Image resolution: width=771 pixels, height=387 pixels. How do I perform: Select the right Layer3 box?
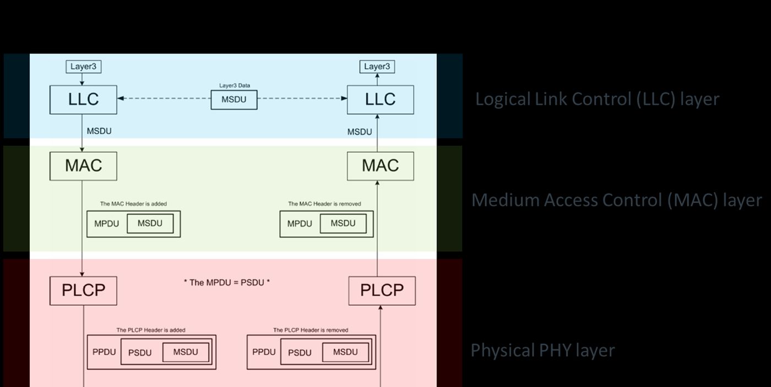point(377,67)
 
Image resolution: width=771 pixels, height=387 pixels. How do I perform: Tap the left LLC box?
point(83,99)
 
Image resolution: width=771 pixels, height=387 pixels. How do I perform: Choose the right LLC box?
point(380,99)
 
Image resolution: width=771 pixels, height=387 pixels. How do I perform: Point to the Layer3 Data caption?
point(234,86)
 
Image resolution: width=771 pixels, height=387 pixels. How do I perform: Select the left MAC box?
point(83,165)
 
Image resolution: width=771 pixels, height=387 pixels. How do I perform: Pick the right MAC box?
point(380,165)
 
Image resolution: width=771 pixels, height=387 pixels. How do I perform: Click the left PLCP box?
point(83,290)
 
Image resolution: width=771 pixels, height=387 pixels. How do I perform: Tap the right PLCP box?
point(382,290)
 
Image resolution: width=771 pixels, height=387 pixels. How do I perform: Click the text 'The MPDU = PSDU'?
point(226,282)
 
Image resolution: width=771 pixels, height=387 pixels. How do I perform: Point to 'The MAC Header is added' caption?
point(133,204)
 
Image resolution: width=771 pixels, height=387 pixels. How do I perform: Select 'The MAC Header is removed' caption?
point(324,204)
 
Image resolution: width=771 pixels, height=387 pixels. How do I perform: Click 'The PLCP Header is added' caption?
point(150,330)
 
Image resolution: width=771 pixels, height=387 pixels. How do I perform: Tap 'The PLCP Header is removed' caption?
point(311,330)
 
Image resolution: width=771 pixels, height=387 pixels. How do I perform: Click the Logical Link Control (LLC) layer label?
point(597,99)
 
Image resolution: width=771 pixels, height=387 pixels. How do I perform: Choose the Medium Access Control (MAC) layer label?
point(616,200)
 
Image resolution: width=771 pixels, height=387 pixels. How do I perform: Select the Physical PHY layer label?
point(542,350)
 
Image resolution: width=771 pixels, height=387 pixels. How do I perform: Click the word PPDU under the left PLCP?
point(104,351)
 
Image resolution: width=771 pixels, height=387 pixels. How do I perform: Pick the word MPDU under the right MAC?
point(300,224)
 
